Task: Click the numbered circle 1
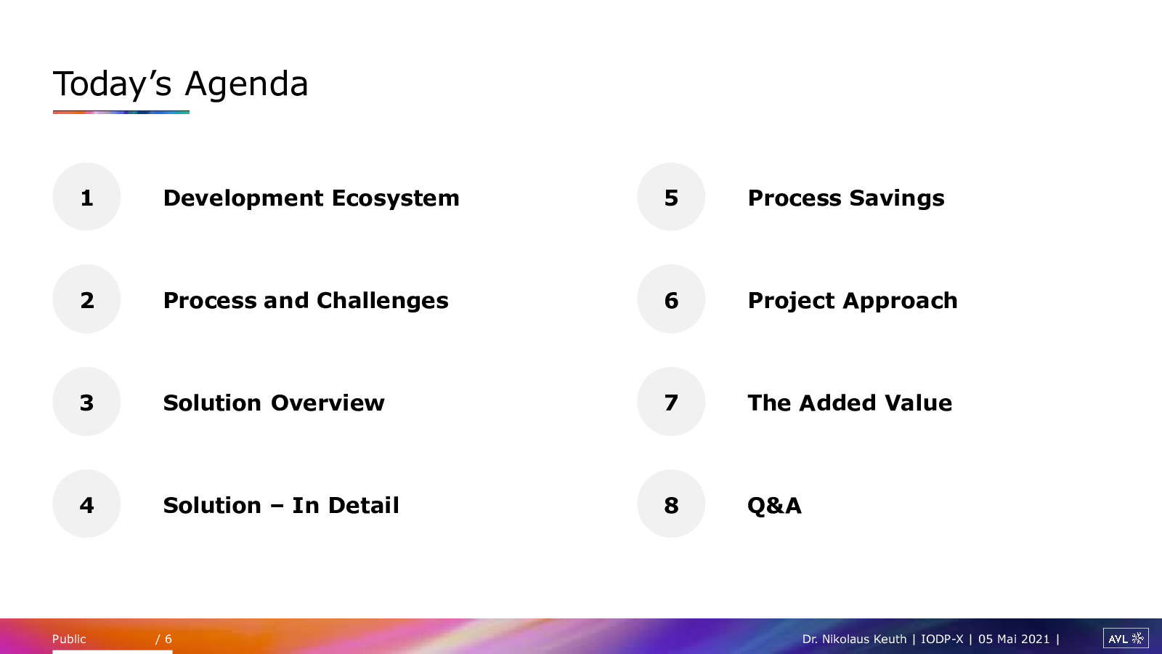pyautogui.click(x=86, y=197)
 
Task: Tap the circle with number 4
pyautogui.click(x=86, y=504)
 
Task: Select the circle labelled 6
pyautogui.click(x=671, y=299)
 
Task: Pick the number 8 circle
pyautogui.click(x=671, y=504)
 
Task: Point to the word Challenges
pyautogui.click(x=382, y=301)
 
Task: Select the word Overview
pyautogui.click(x=328, y=403)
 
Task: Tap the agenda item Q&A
pyautogui.click(x=774, y=506)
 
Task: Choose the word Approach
pyautogui.click(x=900, y=301)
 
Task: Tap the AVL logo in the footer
pyautogui.click(x=1126, y=639)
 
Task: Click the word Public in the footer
pyautogui.click(x=69, y=639)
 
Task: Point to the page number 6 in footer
pyautogui.click(x=168, y=639)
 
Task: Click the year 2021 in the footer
pyautogui.click(x=1035, y=639)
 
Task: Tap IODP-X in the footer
pyautogui.click(x=942, y=639)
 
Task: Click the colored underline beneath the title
pyautogui.click(x=121, y=112)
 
